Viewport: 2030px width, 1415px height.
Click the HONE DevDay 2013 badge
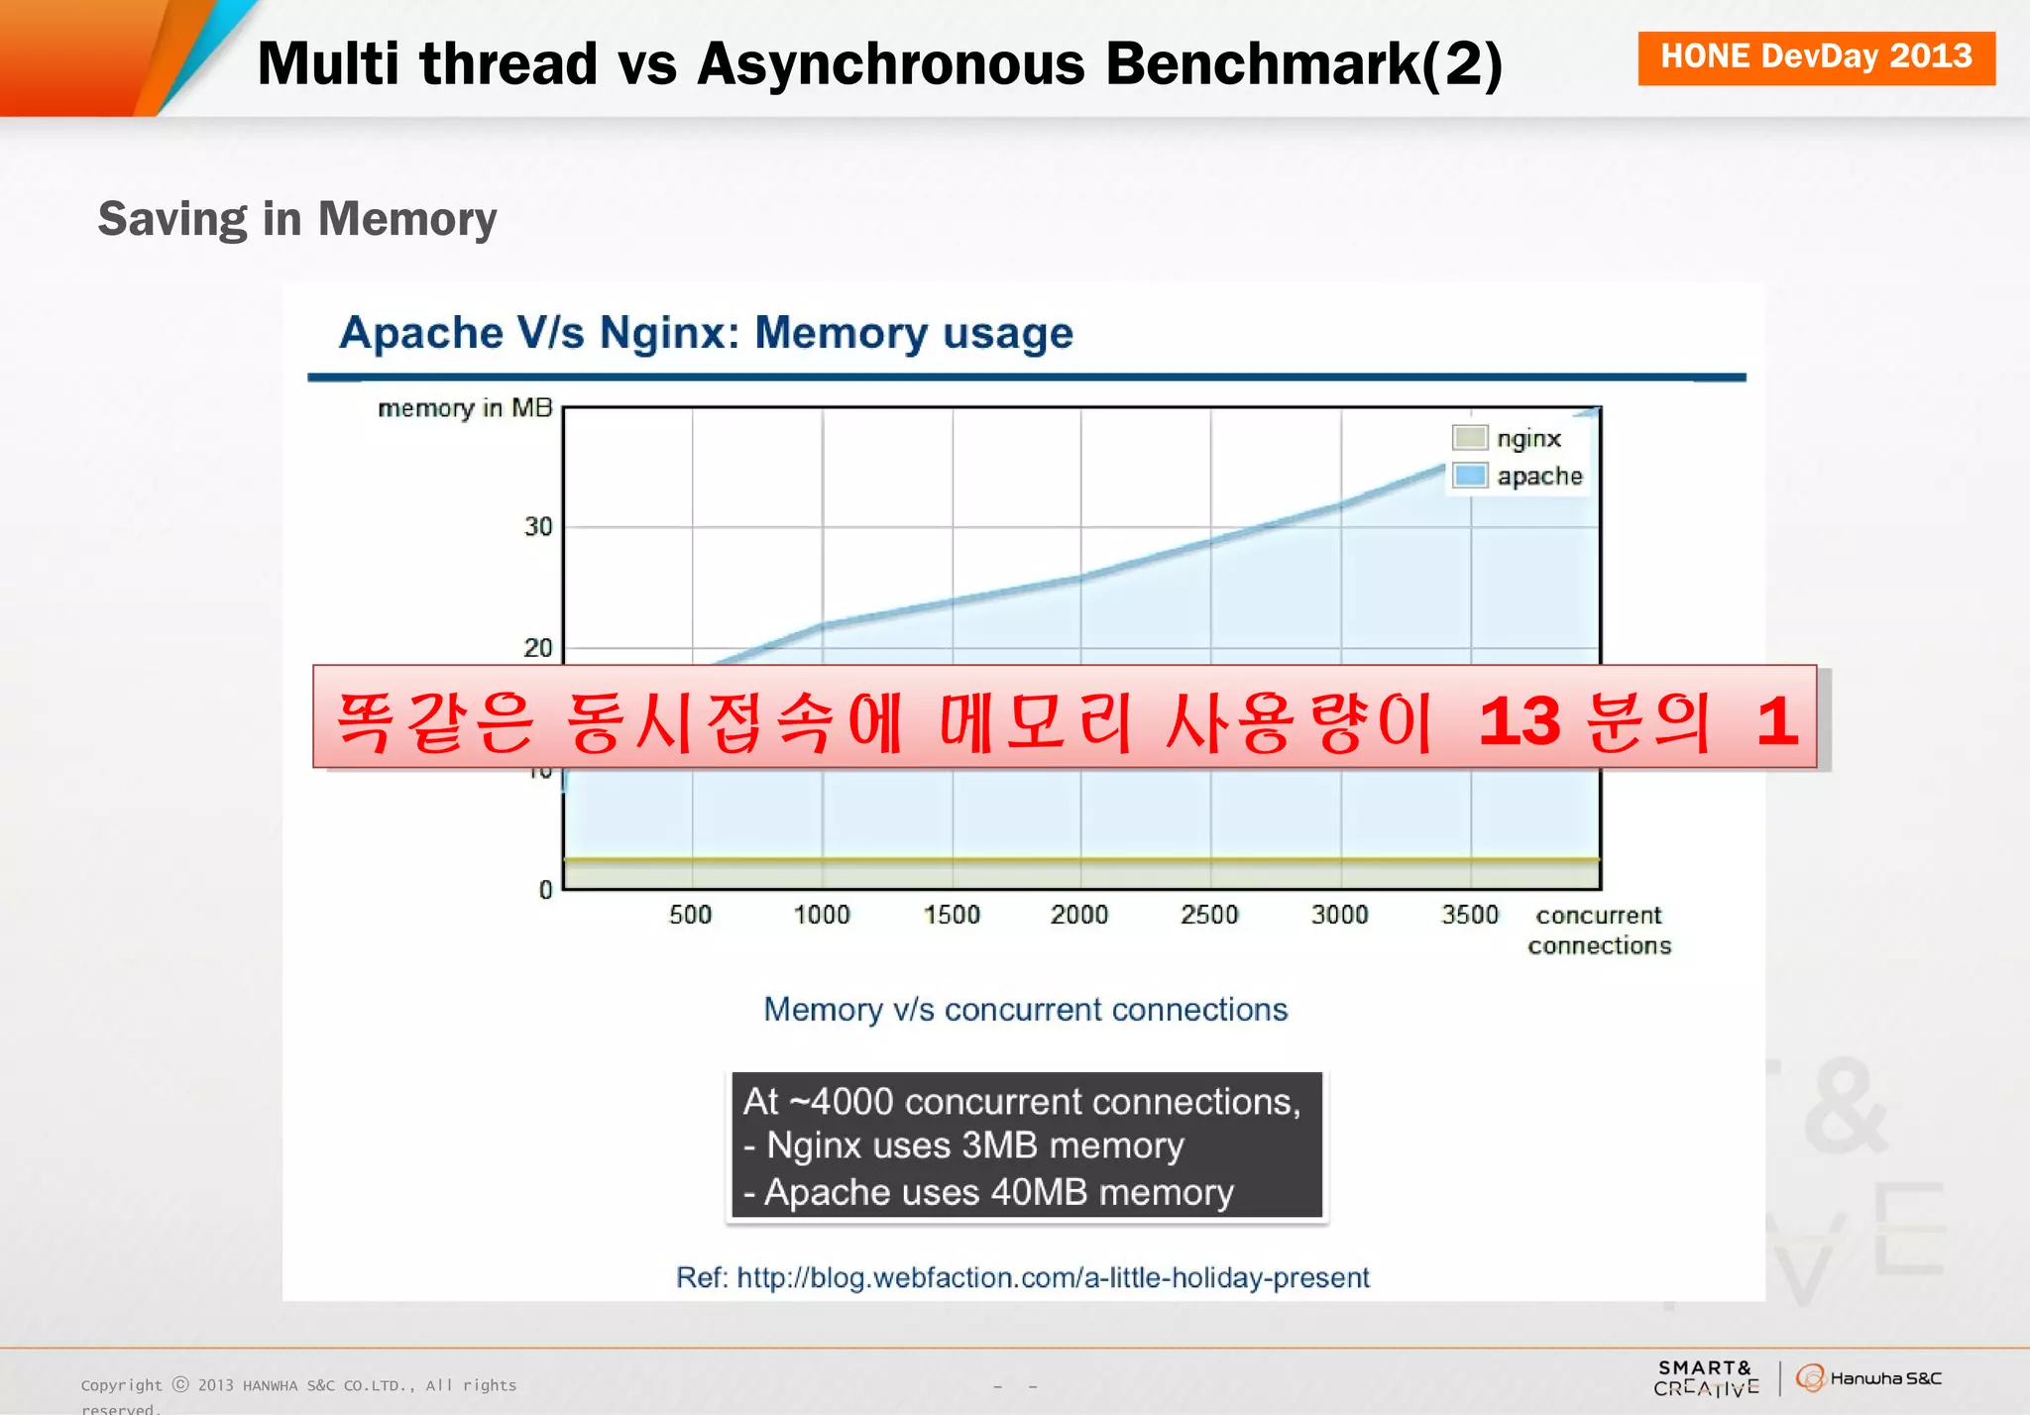tap(1816, 57)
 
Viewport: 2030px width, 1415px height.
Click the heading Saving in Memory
tap(297, 219)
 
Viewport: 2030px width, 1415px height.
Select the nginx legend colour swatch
tap(1469, 438)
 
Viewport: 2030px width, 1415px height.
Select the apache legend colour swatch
tap(1469, 476)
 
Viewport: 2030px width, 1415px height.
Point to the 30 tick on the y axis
tap(538, 526)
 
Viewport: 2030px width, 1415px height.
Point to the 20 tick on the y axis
tap(538, 648)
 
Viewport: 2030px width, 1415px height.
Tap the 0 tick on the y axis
tap(545, 890)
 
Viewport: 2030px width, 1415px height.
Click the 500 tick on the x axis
tap(690, 915)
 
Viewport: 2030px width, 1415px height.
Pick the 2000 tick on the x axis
tap(1079, 915)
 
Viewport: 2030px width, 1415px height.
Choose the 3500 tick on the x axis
tap(1469, 915)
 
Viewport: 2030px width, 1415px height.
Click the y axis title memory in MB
tap(465, 408)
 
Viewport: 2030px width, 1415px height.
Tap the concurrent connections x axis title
tap(1599, 929)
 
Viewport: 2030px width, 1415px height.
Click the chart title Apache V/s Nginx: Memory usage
tap(706, 333)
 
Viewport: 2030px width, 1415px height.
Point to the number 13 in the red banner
tap(1519, 720)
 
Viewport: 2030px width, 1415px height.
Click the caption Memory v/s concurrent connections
tap(1025, 1010)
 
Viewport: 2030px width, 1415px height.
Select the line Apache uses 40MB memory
tap(988, 1192)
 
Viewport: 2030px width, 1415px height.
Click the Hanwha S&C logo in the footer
tap(1869, 1378)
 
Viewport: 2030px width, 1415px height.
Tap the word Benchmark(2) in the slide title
tap(1303, 64)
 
